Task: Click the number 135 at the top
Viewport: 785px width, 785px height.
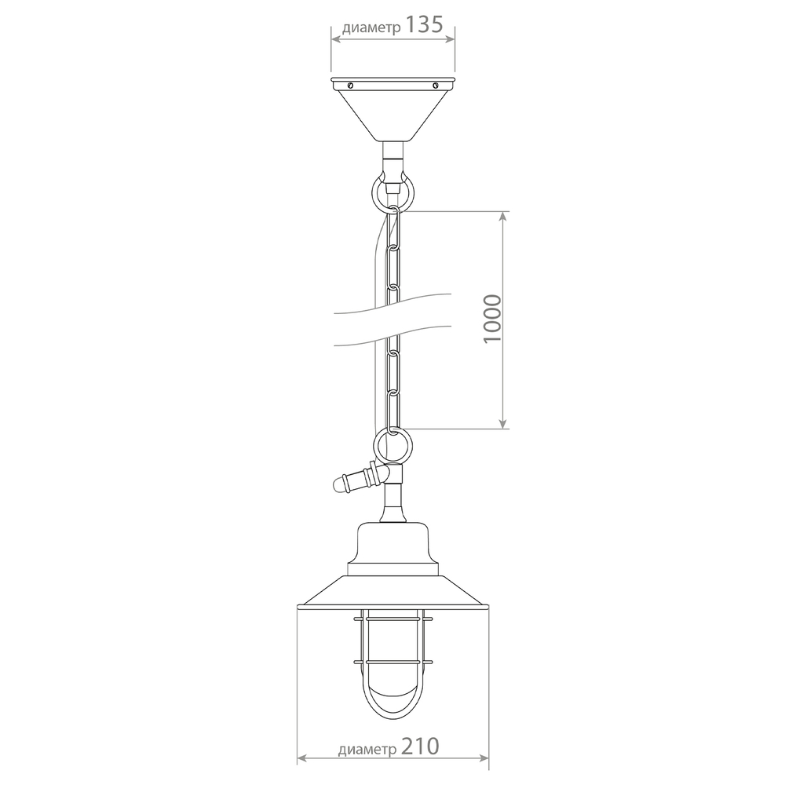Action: tap(424, 24)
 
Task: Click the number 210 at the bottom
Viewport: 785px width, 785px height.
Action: tap(420, 746)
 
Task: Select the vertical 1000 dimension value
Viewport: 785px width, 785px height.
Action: tap(493, 319)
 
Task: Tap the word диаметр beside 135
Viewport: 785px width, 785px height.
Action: tap(371, 28)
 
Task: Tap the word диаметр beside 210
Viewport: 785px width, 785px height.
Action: tap(367, 750)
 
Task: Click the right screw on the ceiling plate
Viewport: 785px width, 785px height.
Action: tap(435, 85)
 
